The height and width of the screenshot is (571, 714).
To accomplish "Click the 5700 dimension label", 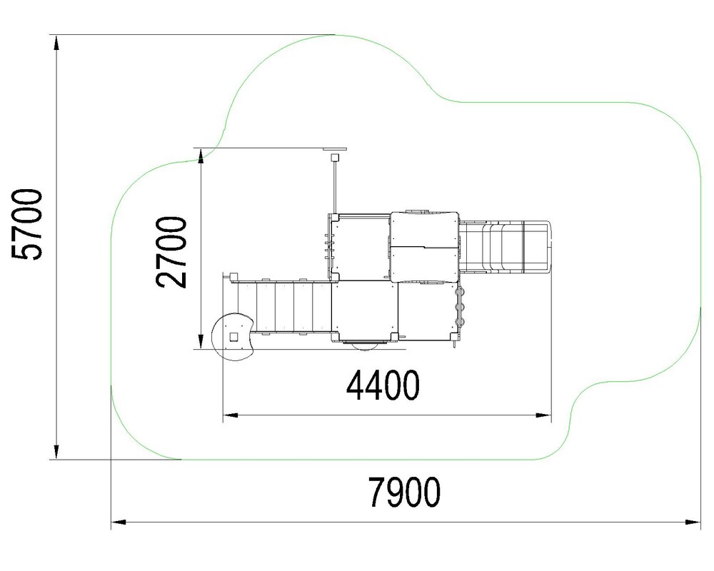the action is point(27,224).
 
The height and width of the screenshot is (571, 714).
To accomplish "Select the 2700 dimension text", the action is point(171,252).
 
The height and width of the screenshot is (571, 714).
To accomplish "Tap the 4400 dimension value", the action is point(383,385).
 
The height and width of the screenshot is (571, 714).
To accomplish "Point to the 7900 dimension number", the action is point(404,492).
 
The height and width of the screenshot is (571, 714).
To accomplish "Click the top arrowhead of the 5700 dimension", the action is point(56,42).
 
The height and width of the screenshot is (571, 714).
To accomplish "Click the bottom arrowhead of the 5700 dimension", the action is point(56,452).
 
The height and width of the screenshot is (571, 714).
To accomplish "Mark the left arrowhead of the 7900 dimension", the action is point(119,522).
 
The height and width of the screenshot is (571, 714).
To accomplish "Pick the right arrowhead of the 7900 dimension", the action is point(693,522).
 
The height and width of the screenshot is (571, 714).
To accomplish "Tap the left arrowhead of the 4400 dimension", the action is point(231,415).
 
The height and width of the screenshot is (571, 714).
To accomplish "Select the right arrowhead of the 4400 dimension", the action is point(543,415).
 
